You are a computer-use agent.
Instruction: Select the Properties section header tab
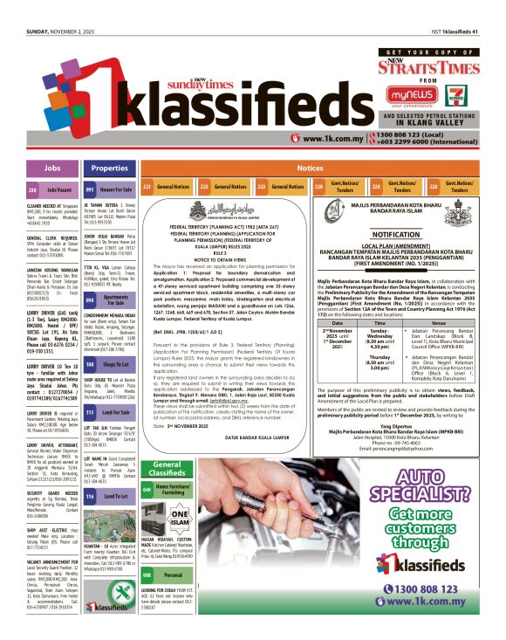point(110,168)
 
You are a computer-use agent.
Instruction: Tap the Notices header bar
point(310,168)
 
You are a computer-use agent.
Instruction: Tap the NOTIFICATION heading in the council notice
point(395,235)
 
